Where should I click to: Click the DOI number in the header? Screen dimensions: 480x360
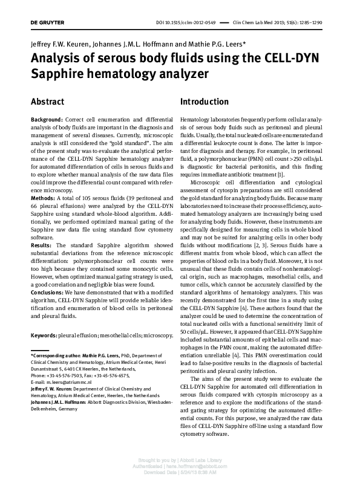coord(193,23)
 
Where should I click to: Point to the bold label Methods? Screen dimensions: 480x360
coord(43,198)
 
